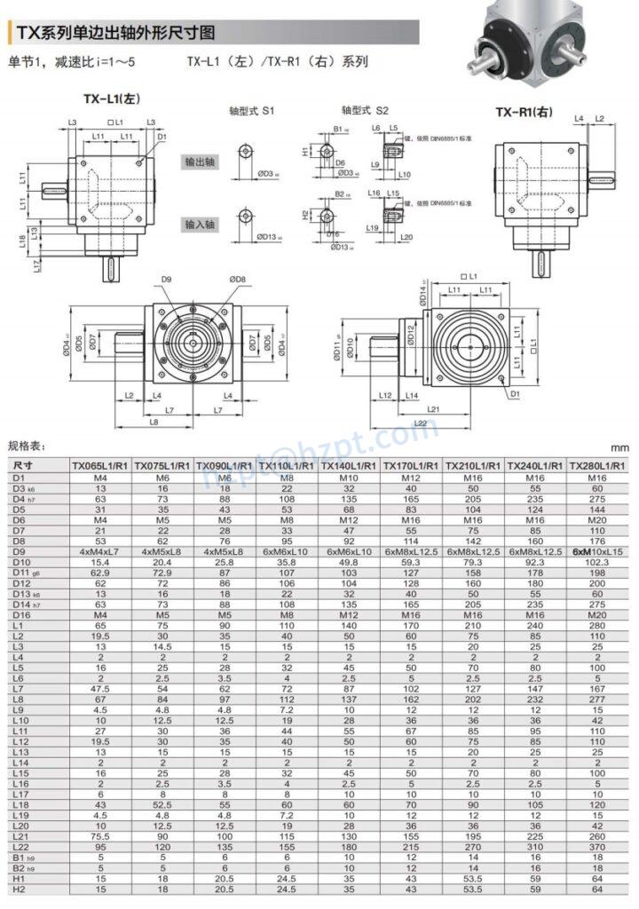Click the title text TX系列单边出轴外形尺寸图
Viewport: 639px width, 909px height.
point(115,34)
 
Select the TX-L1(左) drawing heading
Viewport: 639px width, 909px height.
point(112,99)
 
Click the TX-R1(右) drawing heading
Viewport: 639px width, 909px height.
point(523,112)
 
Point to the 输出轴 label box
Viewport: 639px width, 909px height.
point(200,162)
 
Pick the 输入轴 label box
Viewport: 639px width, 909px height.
point(200,225)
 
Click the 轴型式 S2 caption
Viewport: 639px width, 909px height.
point(365,111)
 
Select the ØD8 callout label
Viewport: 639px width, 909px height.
point(237,281)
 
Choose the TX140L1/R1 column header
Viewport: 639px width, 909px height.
point(348,465)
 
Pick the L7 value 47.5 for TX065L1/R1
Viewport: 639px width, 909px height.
point(100,688)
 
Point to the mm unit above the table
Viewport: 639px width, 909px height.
point(619,448)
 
